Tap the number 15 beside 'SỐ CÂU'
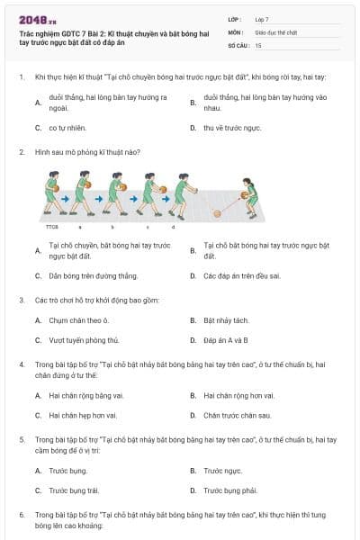(258, 44)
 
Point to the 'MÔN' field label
(234, 31)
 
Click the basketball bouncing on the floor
(216, 213)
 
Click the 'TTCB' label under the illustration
(50, 228)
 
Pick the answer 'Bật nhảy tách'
(225, 319)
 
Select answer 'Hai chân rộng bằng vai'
(82, 394)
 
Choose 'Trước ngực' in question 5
(223, 470)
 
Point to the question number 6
(21, 513)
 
